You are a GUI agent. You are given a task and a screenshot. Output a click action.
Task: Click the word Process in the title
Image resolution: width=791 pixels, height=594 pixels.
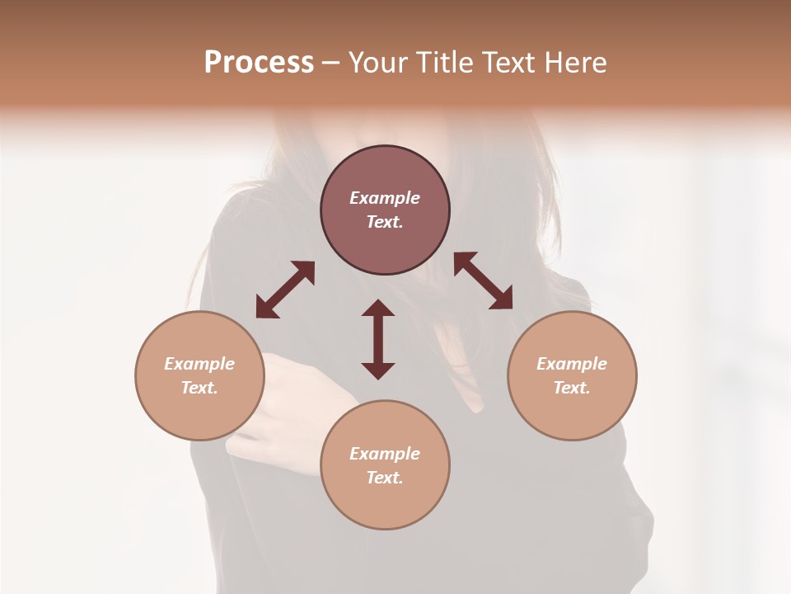[x=259, y=63]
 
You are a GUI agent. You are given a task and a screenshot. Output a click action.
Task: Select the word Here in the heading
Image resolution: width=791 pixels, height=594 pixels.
[x=575, y=63]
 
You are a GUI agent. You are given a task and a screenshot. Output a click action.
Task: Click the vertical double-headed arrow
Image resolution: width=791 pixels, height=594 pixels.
[x=378, y=339]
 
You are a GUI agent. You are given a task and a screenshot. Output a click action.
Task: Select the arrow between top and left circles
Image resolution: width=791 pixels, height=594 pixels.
[x=285, y=290]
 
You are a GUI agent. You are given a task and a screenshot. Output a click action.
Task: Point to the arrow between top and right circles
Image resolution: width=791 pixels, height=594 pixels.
[x=484, y=280]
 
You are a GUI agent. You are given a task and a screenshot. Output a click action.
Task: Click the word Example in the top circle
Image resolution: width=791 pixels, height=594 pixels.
[x=385, y=198]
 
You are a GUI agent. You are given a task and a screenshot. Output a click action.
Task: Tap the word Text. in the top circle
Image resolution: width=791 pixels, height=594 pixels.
[x=385, y=222]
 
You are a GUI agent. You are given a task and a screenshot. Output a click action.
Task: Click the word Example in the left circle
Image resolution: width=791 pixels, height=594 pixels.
[x=199, y=364]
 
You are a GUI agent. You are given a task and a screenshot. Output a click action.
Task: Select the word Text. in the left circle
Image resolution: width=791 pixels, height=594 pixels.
[x=199, y=388]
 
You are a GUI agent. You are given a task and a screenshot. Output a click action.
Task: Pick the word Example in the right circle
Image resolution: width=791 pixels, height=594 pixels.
[x=572, y=364]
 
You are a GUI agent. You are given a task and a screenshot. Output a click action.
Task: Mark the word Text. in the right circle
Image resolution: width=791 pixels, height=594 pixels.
[x=572, y=388]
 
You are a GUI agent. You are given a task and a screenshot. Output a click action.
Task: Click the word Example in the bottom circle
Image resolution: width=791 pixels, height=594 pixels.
[x=385, y=454]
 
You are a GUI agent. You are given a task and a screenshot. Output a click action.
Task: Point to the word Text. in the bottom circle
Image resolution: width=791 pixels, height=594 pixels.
[x=385, y=478]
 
